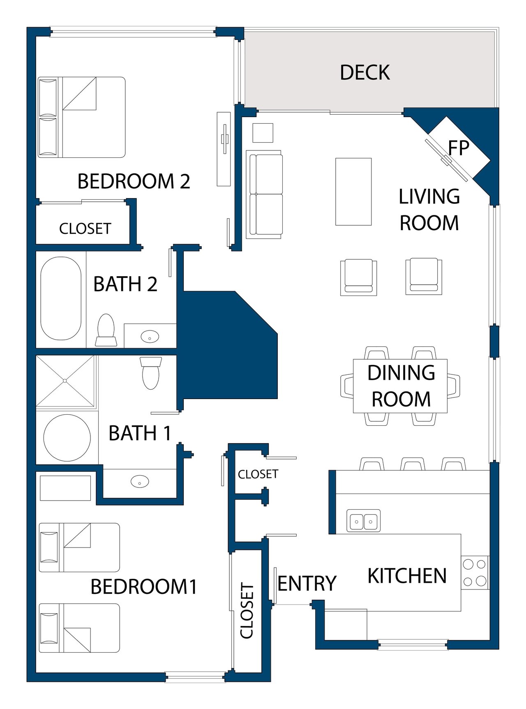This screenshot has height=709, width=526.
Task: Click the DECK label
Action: [x=365, y=72]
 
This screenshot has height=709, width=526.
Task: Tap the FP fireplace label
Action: [x=459, y=148]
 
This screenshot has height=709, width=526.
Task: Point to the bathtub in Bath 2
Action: [x=61, y=298]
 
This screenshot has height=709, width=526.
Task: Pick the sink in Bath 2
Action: [x=150, y=337]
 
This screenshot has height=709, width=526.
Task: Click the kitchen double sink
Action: [x=364, y=521]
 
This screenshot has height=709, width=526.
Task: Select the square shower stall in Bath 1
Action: [x=65, y=381]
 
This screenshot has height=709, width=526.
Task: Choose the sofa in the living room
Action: [x=264, y=194]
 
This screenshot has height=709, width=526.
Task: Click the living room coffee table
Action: [x=353, y=192]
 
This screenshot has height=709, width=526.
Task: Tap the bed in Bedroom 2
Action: [x=81, y=117]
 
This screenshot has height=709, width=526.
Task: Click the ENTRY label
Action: [x=307, y=584]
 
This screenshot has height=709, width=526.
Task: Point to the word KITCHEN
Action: [x=407, y=576]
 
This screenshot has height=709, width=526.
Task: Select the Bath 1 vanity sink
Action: [x=140, y=481]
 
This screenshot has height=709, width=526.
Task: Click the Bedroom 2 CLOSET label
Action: [x=85, y=229]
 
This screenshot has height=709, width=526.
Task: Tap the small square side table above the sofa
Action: [x=263, y=133]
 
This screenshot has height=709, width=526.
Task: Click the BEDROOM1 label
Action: [x=144, y=587]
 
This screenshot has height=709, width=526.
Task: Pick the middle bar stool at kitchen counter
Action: [x=413, y=464]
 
